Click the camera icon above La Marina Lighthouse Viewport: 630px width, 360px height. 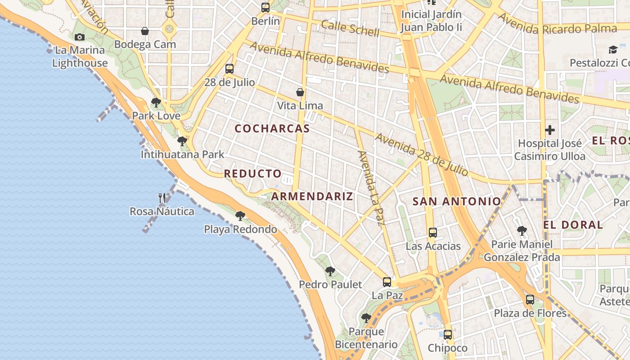(x=80, y=37)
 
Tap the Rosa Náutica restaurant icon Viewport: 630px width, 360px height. (x=162, y=198)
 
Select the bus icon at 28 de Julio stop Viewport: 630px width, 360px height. (x=229, y=69)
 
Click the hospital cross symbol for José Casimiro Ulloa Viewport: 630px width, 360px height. (x=549, y=130)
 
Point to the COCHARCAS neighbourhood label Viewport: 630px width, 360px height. (x=272, y=129)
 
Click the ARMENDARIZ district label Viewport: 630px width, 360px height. (x=312, y=196)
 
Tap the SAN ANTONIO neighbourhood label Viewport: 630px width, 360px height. (x=456, y=202)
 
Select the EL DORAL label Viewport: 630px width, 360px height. (x=573, y=225)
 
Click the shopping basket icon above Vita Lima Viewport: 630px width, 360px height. (x=300, y=92)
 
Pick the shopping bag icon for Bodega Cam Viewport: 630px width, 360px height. (x=145, y=31)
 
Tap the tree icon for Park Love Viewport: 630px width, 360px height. (x=156, y=103)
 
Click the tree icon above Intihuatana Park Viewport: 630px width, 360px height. (x=182, y=141)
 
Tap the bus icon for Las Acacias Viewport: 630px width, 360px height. (x=433, y=233)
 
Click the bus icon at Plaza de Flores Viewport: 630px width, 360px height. (x=530, y=299)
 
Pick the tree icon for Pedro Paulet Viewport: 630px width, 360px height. (x=330, y=271)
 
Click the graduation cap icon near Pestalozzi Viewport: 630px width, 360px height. (x=612, y=49)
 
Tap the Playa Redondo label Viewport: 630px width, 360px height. (x=240, y=229)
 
